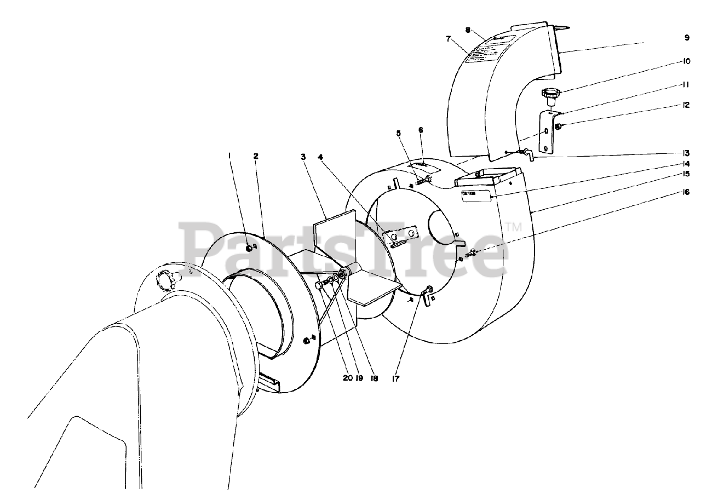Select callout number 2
tap(255, 156)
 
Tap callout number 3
tap(302, 156)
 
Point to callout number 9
tap(686, 38)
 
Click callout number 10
tap(686, 62)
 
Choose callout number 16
tap(686, 192)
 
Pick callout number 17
tap(396, 377)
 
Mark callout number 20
tap(348, 377)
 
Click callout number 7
tap(449, 39)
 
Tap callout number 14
tap(686, 163)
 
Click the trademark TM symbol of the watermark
tap(513, 226)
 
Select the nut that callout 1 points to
tap(250, 248)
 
